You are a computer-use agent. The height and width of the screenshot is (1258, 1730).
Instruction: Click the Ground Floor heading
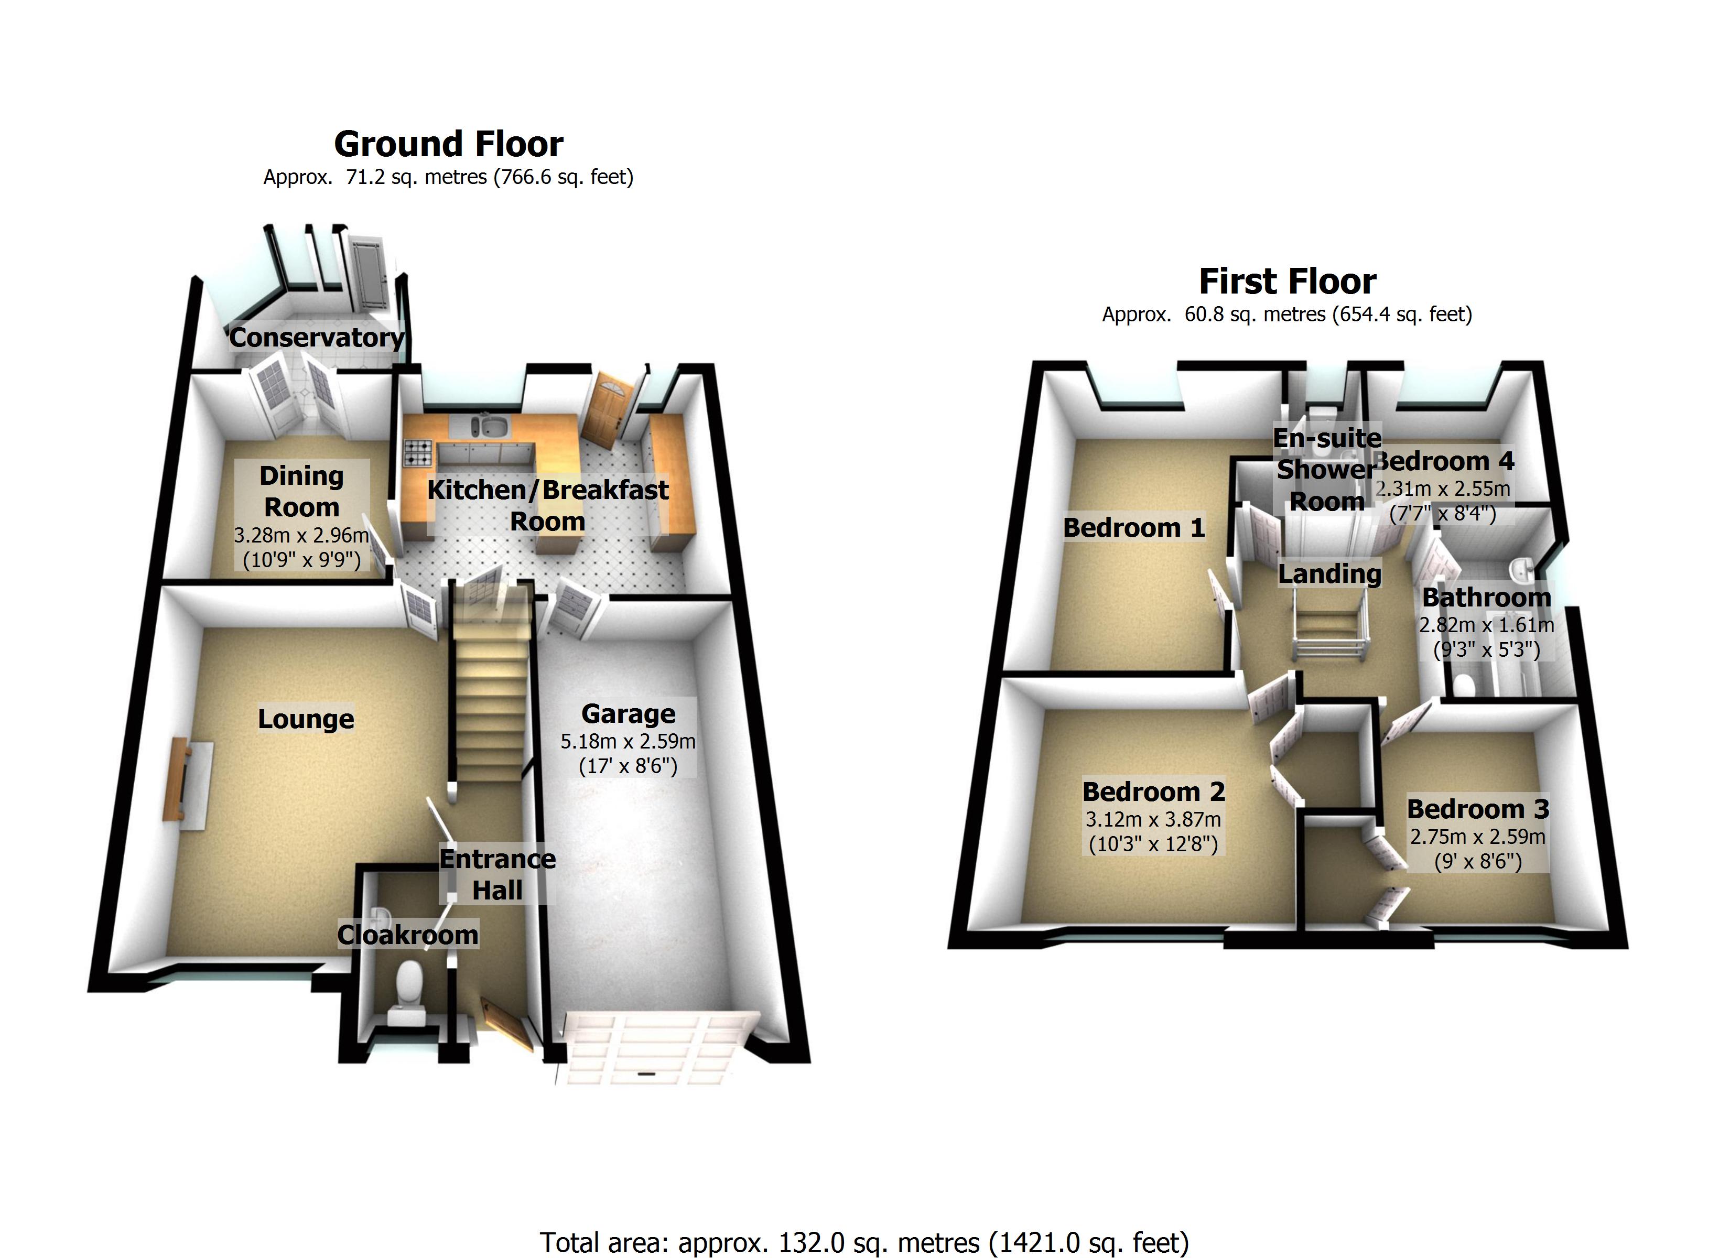click(449, 144)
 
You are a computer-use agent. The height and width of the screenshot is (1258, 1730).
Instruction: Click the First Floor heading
click(1288, 281)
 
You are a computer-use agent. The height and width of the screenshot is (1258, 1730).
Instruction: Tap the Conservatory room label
click(317, 337)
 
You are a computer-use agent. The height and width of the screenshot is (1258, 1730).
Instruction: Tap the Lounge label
click(306, 719)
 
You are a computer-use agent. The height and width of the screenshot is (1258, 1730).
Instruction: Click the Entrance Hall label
click(498, 874)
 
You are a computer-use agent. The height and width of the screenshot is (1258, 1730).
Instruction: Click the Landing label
click(1329, 573)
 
